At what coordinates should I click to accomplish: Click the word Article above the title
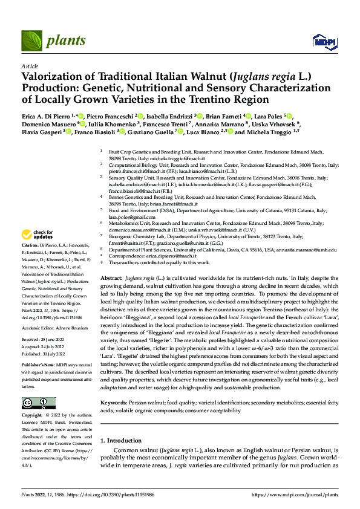[x=29, y=66]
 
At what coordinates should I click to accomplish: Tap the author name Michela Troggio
[x=269, y=132]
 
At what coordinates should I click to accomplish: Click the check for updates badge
[x=38, y=235]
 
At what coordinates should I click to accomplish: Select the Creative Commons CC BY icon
[x=38, y=403]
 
